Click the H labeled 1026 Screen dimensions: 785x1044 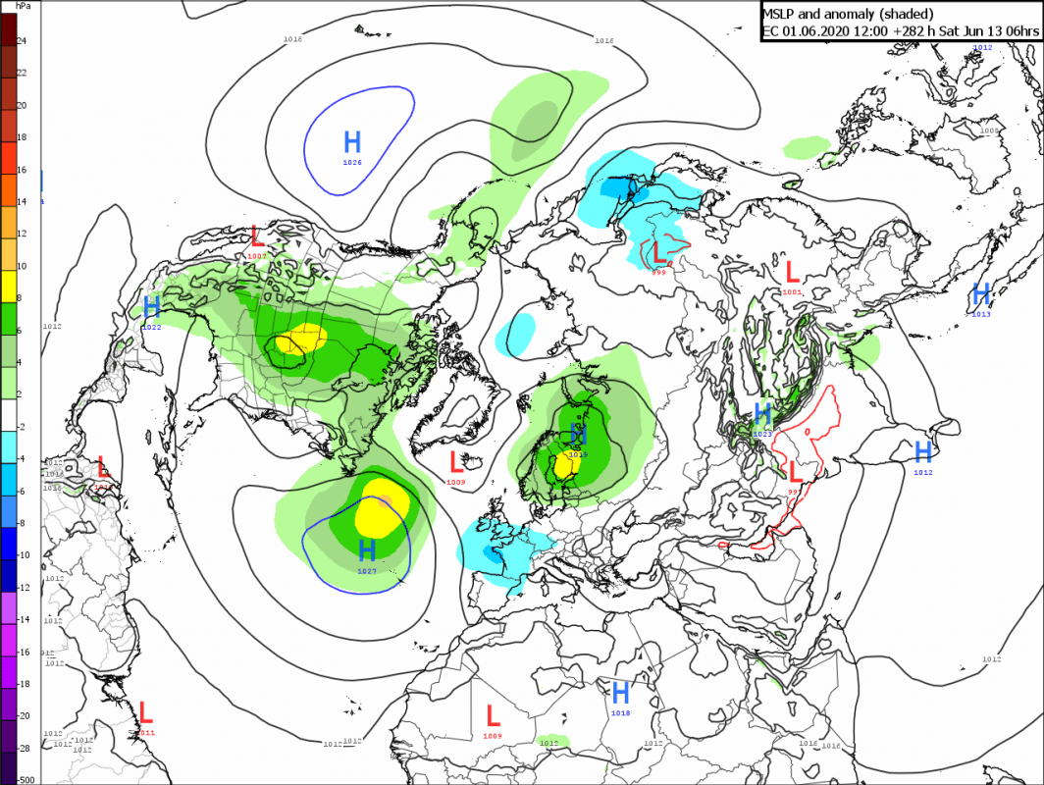[x=352, y=140]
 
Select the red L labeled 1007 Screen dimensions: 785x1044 [x=257, y=236]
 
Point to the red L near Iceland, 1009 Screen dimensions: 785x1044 [x=456, y=461]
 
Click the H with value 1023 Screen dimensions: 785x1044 [x=762, y=413]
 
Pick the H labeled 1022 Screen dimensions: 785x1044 [x=152, y=306]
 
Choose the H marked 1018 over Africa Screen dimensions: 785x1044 [x=620, y=693]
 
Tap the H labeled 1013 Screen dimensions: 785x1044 [x=981, y=293]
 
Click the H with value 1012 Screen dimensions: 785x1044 [x=922, y=452]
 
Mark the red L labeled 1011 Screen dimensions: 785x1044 [x=146, y=712]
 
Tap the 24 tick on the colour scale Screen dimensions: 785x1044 [x=22, y=40]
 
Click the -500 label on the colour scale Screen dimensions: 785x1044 [x=25, y=779]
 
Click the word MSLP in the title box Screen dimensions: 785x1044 [x=782, y=13]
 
